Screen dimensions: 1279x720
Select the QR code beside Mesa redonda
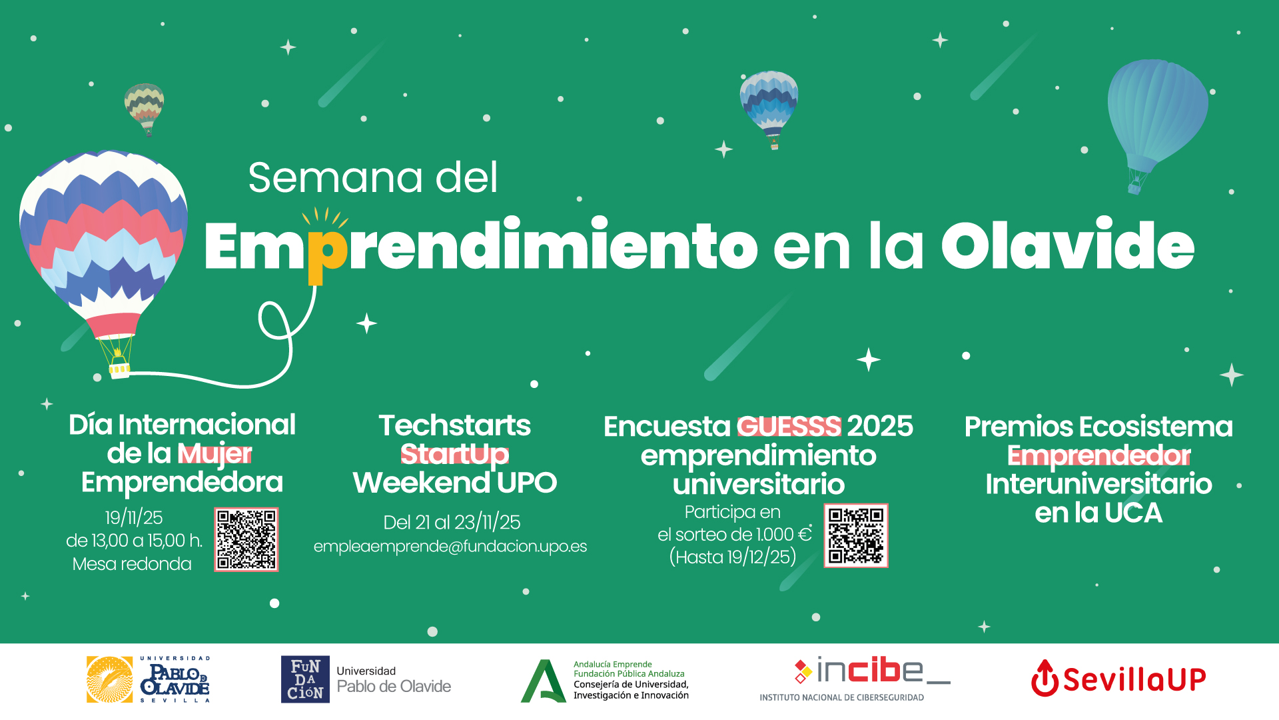click(x=246, y=539)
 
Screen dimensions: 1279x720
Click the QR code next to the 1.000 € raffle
click(x=856, y=536)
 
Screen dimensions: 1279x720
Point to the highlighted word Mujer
click(x=215, y=454)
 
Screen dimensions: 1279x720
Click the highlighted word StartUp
click(x=454, y=455)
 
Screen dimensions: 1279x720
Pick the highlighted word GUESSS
click(x=789, y=427)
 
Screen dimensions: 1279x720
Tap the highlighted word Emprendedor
click(x=1098, y=456)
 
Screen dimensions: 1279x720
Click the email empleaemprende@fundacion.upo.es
click(x=450, y=547)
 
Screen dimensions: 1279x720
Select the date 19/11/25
click(x=134, y=517)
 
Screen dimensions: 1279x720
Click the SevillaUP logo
click(x=1118, y=679)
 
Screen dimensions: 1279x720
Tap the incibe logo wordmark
click(x=872, y=671)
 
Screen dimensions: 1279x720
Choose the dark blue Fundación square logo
click(x=305, y=679)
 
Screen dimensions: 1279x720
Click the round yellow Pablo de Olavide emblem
click(x=109, y=679)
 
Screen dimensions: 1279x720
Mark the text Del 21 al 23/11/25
click(x=452, y=523)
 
